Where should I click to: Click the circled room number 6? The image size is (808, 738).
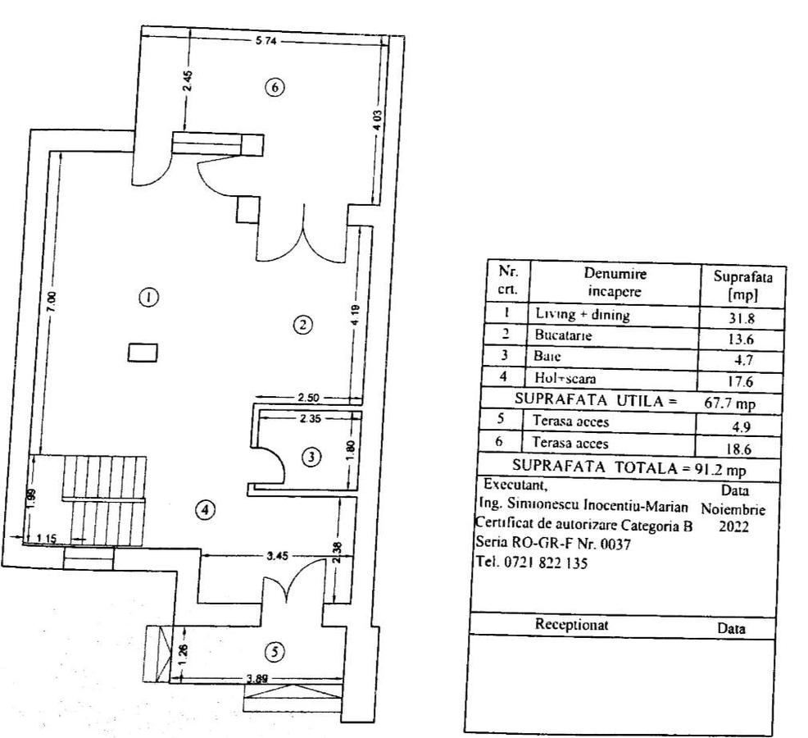point(276,86)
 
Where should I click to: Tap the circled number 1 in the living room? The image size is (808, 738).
point(148,298)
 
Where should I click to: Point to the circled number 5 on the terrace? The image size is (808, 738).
point(276,651)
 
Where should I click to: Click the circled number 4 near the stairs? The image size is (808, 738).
point(205,510)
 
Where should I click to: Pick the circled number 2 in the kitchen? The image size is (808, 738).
point(302,325)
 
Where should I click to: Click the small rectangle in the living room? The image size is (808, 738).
point(142,352)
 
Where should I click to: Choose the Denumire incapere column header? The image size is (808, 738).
point(615,281)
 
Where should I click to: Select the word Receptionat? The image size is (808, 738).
point(571,624)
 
